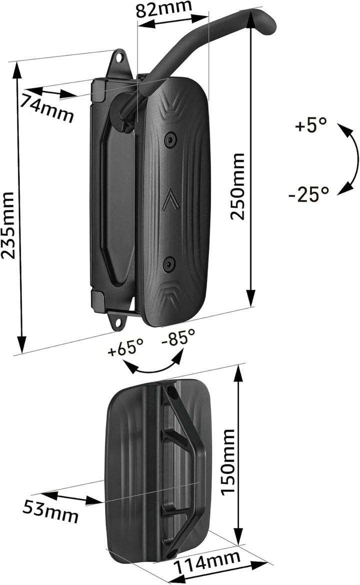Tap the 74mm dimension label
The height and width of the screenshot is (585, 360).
tap(47, 107)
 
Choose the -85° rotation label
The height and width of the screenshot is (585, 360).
tap(178, 338)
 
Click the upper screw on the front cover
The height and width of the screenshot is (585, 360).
tap(171, 139)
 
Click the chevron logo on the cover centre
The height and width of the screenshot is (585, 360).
tap(169, 200)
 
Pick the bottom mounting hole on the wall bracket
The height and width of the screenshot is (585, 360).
tap(118, 323)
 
